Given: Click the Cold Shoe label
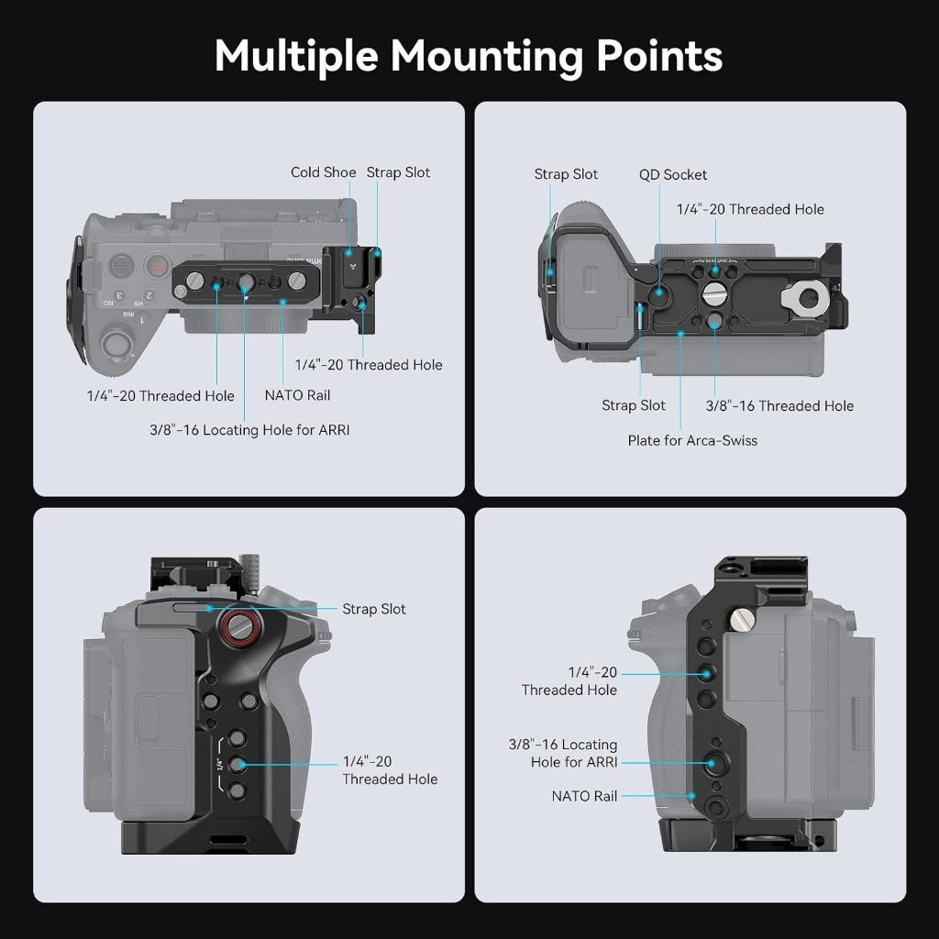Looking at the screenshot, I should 323,172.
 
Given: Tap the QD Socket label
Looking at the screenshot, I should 673,174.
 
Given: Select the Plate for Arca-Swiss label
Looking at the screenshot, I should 692,440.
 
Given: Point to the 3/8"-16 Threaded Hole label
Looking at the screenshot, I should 779,405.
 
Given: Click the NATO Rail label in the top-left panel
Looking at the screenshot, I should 297,395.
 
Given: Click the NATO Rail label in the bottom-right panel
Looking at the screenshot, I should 584,796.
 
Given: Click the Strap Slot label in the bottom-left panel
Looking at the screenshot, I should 373,609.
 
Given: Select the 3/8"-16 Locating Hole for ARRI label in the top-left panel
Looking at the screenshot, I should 249,429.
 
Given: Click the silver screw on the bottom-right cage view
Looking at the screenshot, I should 740,623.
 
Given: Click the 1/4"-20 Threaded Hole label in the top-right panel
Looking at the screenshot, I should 750,209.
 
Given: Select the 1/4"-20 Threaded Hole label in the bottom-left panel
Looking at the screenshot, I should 389,770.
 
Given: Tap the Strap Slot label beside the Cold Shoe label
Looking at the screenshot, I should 398,172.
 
